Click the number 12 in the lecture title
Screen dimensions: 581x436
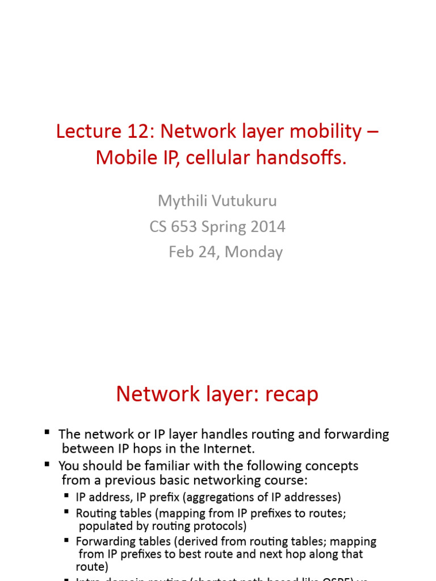click(142, 132)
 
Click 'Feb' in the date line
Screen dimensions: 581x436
click(181, 252)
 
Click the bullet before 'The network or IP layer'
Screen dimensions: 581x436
click(47, 433)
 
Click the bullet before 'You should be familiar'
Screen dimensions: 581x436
click(47, 465)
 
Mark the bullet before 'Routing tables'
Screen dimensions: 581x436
click(68, 512)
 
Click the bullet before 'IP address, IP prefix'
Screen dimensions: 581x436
click(68, 497)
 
